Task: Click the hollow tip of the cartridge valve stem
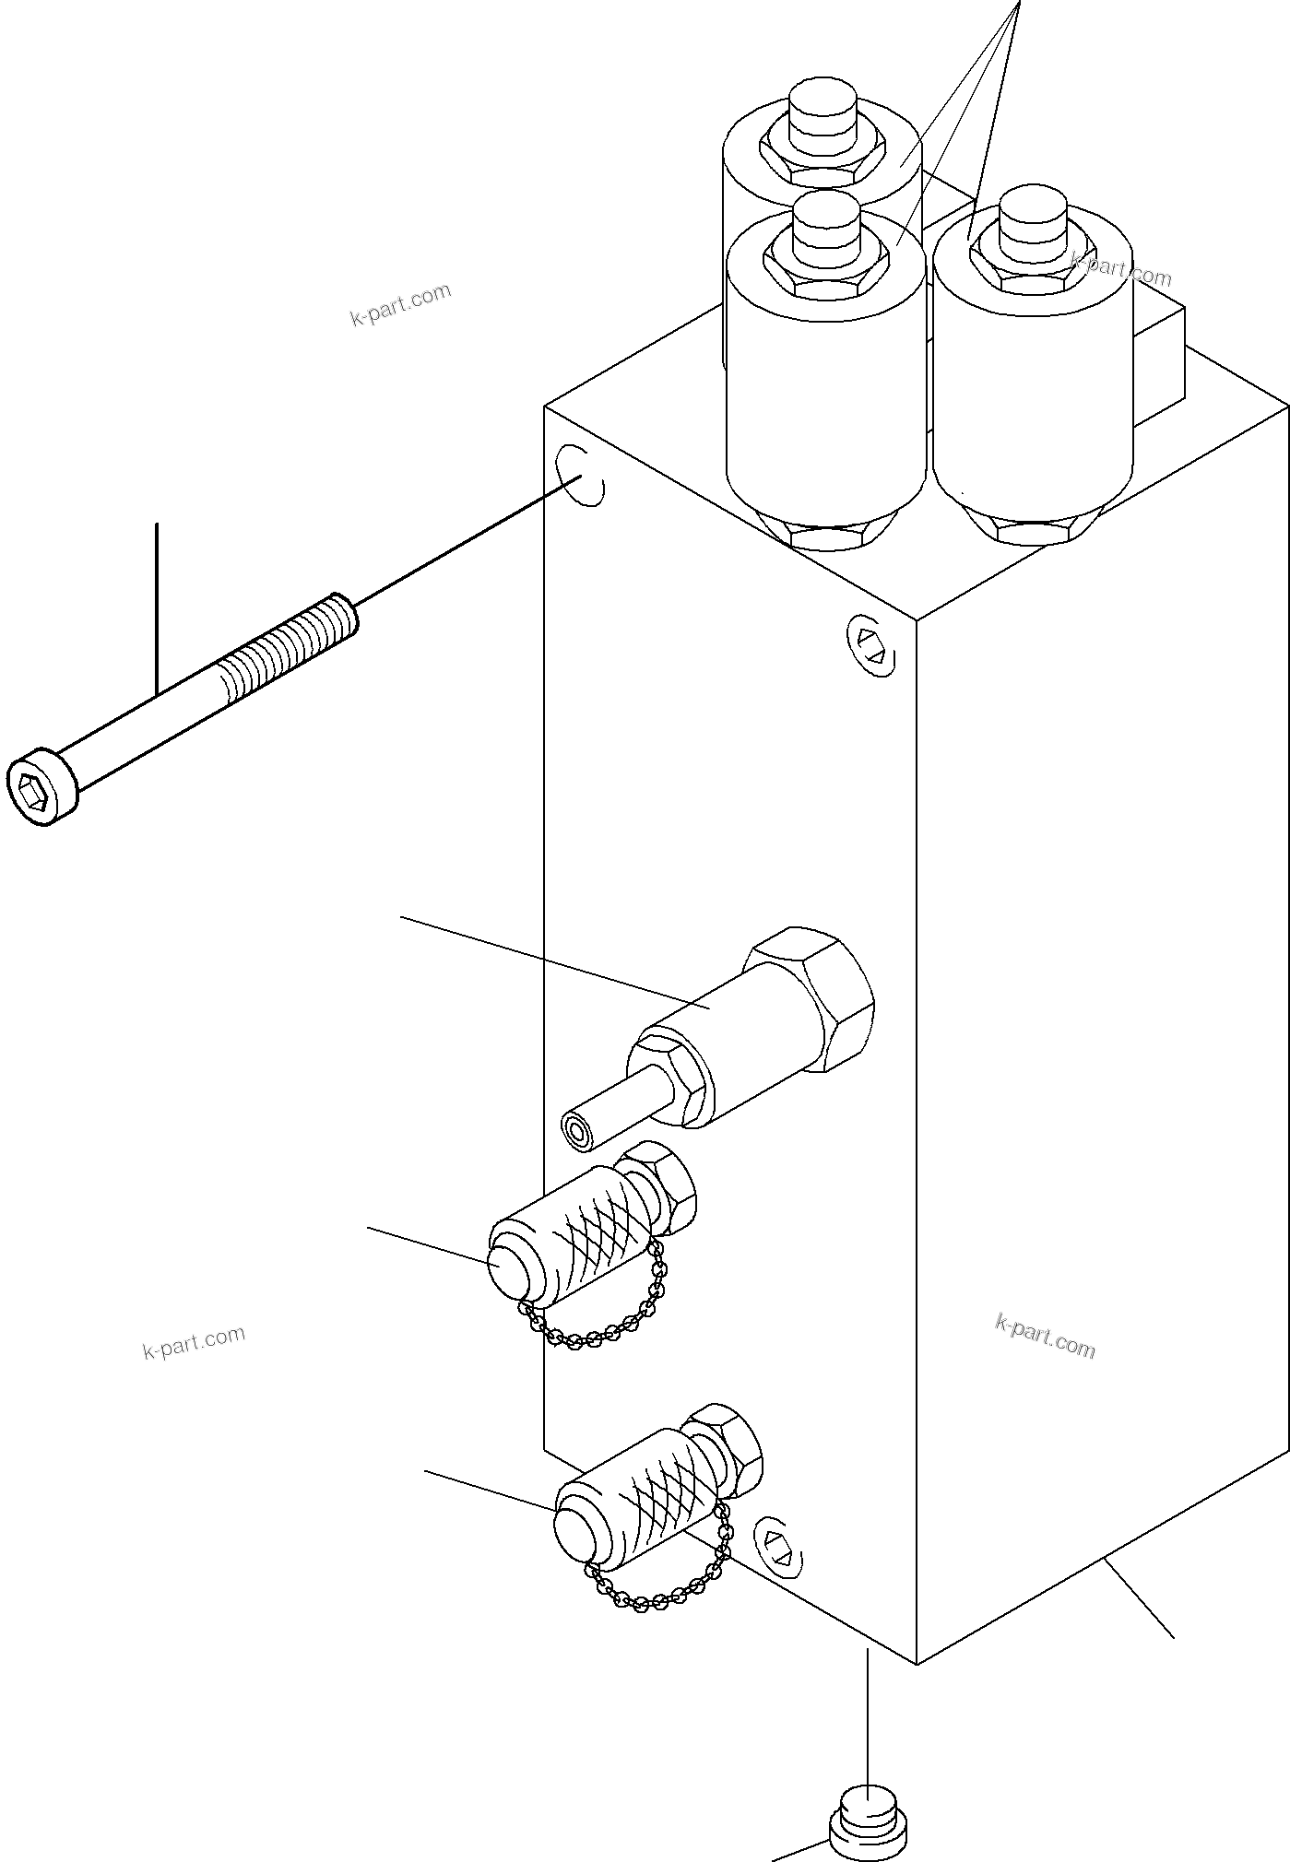pyautogui.click(x=578, y=1132)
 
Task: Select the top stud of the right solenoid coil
pyautogui.click(x=1033, y=222)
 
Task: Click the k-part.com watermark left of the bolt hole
pyautogui.click(x=400, y=305)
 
